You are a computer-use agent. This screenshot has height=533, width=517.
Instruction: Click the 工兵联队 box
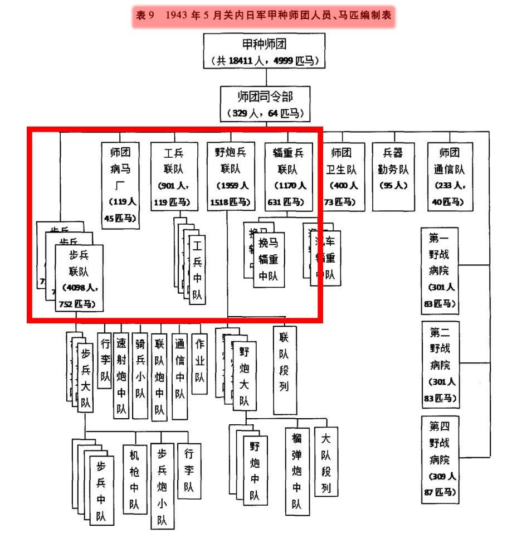[173, 176]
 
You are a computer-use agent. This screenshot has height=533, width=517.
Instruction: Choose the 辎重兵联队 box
[289, 176]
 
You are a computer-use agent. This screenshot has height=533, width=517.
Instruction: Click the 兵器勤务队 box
[393, 176]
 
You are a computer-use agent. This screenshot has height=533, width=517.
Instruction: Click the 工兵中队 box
[197, 270]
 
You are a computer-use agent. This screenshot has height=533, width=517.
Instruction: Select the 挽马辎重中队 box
[269, 260]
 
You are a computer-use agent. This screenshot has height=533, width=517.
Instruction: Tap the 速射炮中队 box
[121, 376]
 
